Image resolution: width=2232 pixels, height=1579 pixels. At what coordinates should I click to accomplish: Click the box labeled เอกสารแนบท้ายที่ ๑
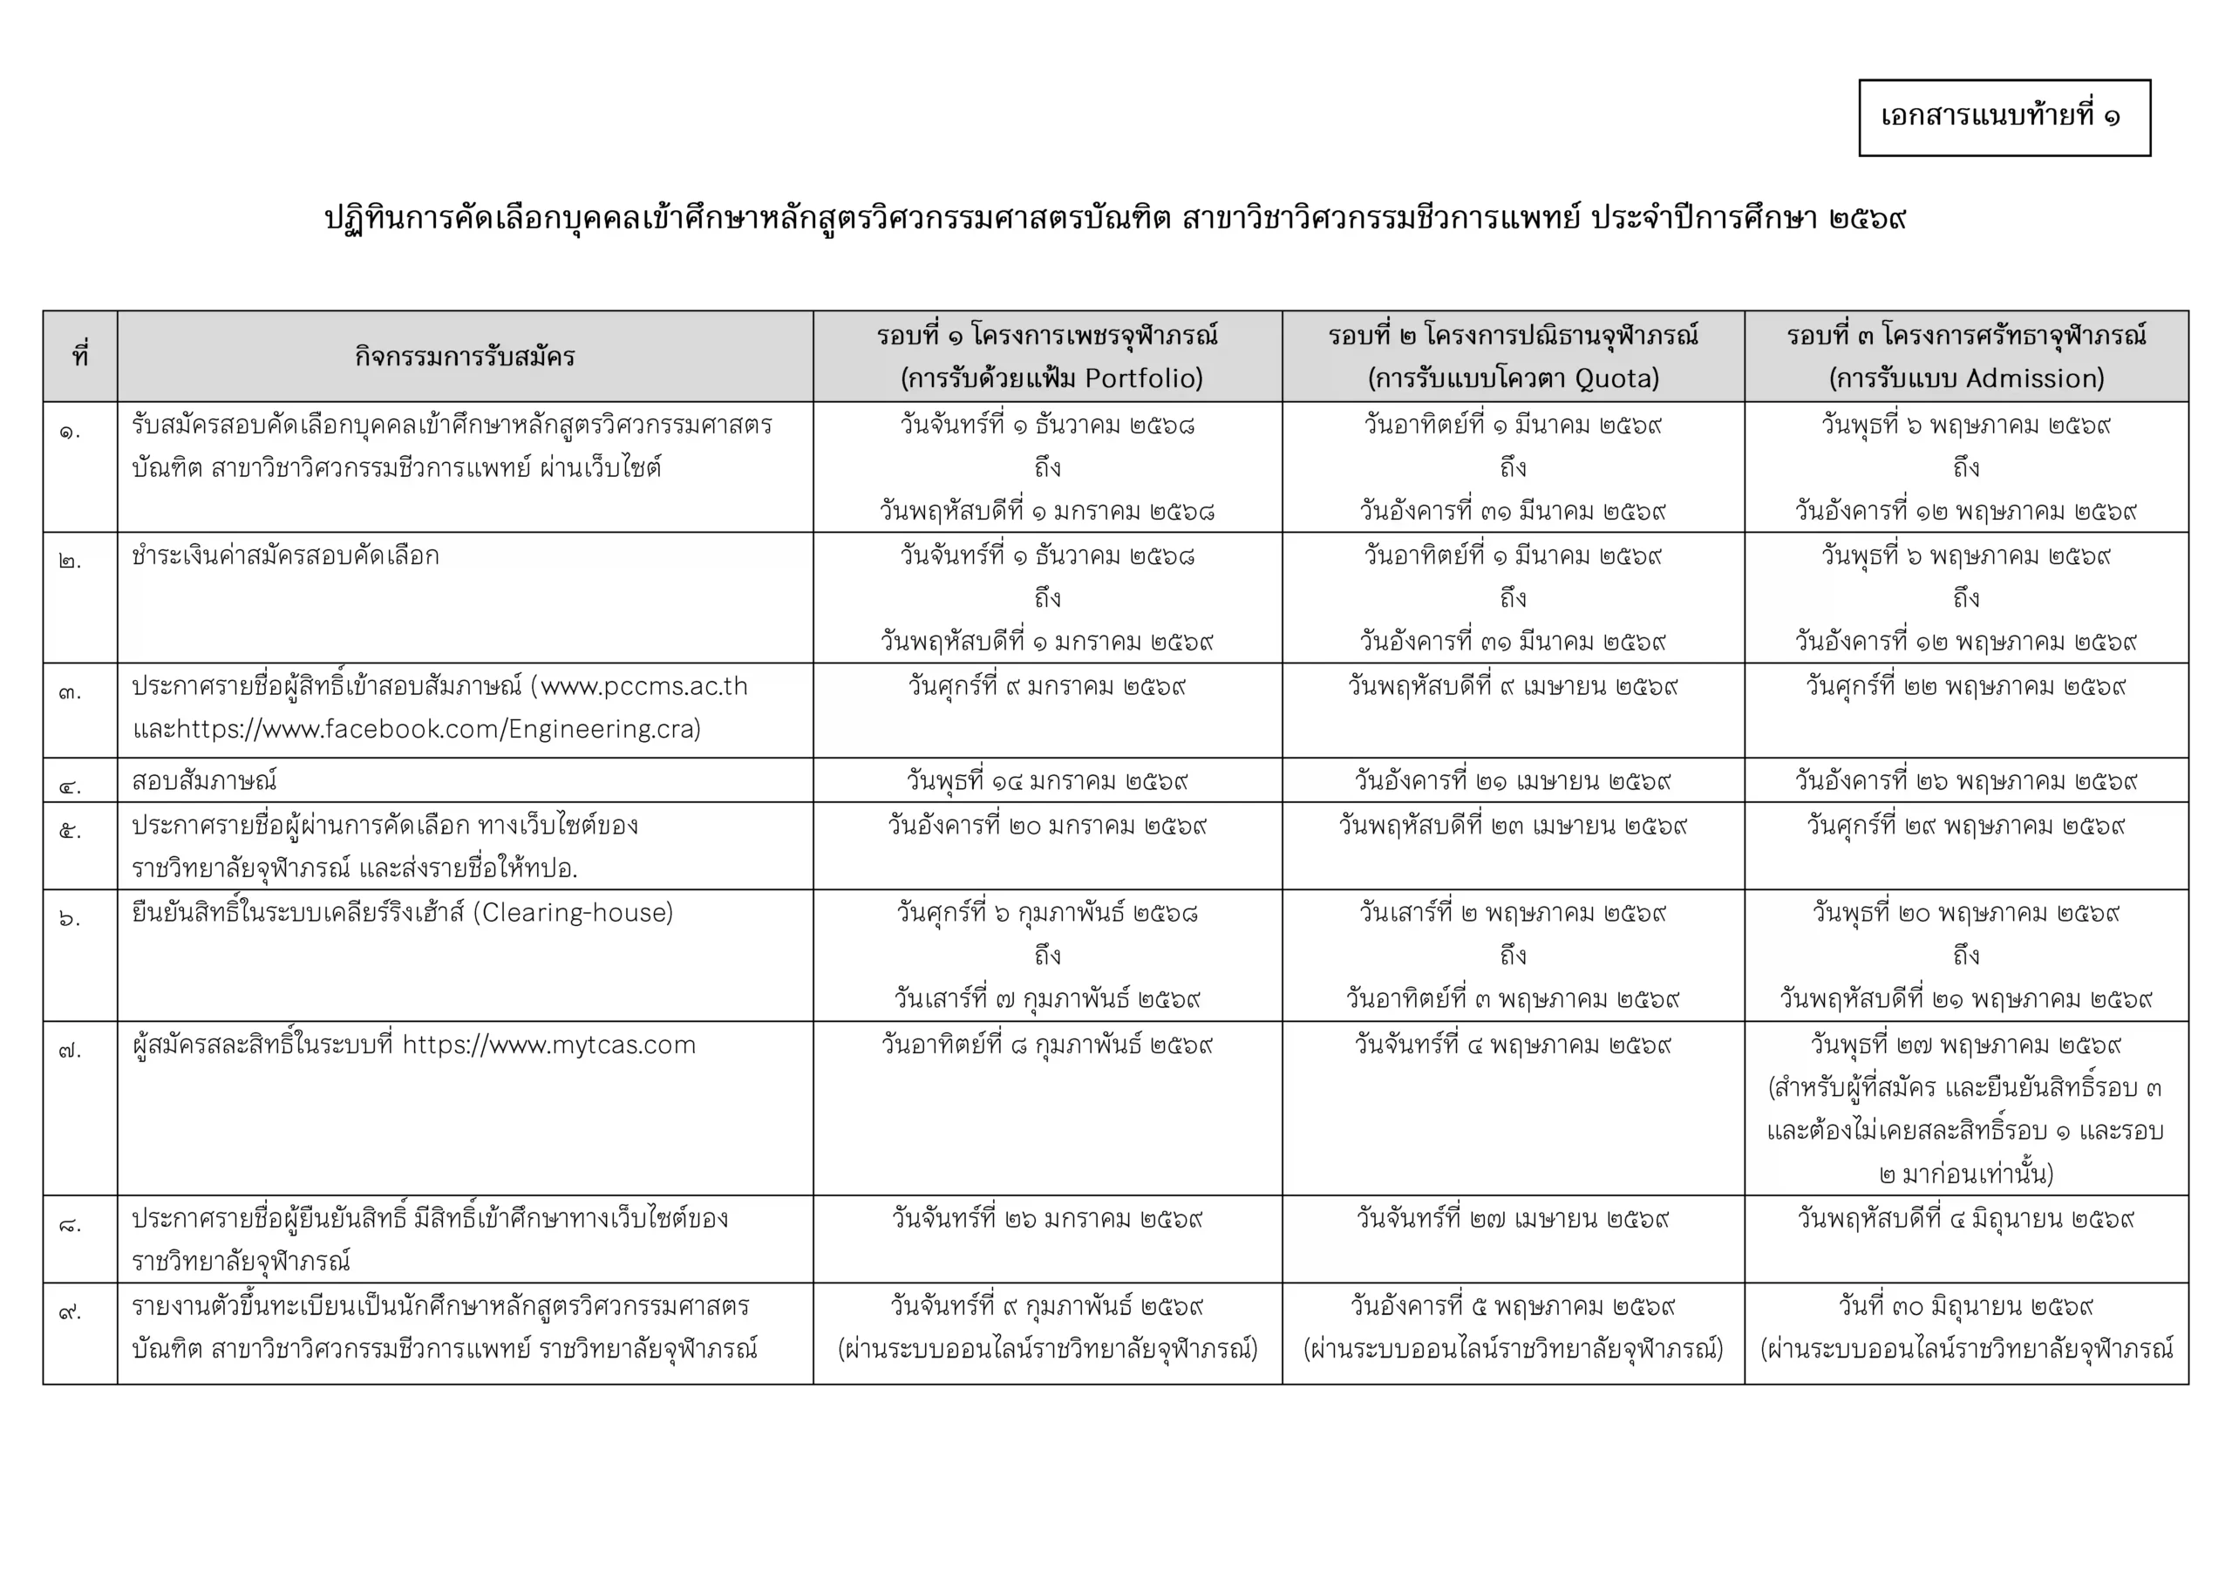(x=2004, y=118)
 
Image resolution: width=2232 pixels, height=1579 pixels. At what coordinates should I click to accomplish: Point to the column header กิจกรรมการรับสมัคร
(x=465, y=357)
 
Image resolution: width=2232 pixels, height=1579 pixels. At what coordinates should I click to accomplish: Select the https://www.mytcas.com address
(x=549, y=1045)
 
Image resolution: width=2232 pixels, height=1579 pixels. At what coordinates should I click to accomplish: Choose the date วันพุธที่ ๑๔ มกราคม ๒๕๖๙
(x=1047, y=780)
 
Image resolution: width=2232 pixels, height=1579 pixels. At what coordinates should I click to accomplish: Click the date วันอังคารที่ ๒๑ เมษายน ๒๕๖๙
(x=1513, y=780)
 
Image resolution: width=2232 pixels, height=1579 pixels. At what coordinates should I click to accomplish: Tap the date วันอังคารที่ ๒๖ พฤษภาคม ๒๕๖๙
(x=1965, y=780)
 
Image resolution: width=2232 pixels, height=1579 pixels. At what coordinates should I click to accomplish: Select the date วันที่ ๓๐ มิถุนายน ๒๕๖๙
(x=1965, y=1306)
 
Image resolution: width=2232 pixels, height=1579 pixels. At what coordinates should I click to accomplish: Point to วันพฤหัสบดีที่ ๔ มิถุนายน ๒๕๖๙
(x=1965, y=1218)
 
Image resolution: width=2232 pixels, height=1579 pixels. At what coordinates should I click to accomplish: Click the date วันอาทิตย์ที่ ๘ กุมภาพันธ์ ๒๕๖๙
(x=1047, y=1045)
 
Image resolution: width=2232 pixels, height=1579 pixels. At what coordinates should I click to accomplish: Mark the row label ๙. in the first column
(x=70, y=1311)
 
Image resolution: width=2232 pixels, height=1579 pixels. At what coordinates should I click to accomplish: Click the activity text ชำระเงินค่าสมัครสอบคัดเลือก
(x=286, y=556)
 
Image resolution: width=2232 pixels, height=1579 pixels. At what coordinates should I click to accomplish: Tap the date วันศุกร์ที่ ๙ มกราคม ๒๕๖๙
(x=1047, y=686)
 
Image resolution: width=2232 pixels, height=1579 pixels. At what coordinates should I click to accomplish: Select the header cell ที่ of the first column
(x=79, y=357)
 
